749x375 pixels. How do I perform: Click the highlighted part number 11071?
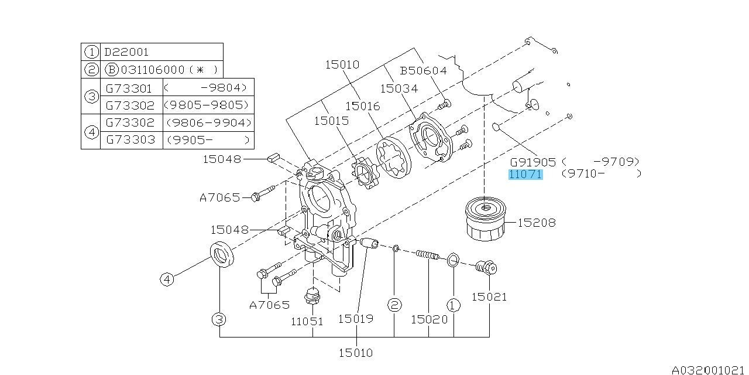point(525,175)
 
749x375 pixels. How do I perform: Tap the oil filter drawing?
point(485,219)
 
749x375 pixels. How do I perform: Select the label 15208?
point(537,223)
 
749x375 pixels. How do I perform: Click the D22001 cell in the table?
point(126,52)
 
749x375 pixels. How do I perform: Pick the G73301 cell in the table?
point(129,88)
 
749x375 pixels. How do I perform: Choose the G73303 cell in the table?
point(130,139)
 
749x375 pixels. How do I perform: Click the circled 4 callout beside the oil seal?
point(167,279)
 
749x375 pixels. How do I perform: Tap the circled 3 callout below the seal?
point(219,319)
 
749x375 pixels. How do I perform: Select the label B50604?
point(423,71)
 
